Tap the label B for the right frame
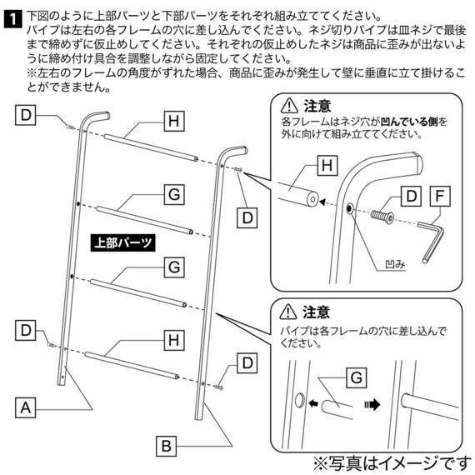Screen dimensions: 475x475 click(x=166, y=445)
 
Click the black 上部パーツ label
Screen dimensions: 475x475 click(x=123, y=244)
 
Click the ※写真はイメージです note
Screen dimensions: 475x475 click(x=390, y=461)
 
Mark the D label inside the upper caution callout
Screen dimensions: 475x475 click(x=409, y=197)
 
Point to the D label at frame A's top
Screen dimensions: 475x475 click(x=27, y=115)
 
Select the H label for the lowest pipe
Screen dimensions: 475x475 click(x=172, y=340)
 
